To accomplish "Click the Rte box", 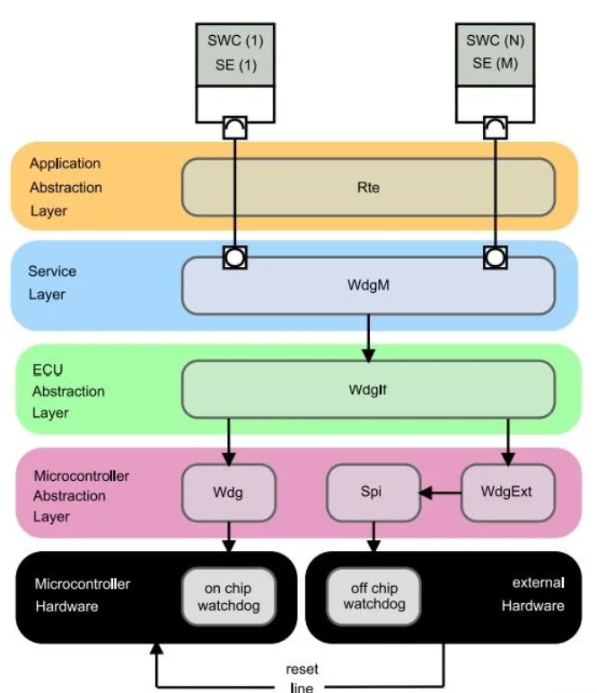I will (x=367, y=188).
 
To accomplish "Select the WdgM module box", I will (x=367, y=286).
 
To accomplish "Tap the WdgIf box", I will (x=367, y=390).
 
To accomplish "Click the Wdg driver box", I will (x=228, y=493).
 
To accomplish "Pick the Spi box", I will (x=373, y=493).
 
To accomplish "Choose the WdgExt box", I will (x=507, y=493).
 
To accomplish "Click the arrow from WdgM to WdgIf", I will (x=367, y=337).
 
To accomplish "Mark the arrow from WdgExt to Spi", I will (x=440, y=493).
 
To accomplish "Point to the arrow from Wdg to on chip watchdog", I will (x=228, y=537).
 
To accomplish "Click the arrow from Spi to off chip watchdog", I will (x=373, y=537).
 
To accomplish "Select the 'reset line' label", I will (x=302, y=678).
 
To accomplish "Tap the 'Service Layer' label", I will (x=52, y=281).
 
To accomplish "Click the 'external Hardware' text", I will (x=532, y=594).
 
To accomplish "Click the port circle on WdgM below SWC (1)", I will (x=235, y=258).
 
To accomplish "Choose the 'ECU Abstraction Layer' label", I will (x=68, y=391).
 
